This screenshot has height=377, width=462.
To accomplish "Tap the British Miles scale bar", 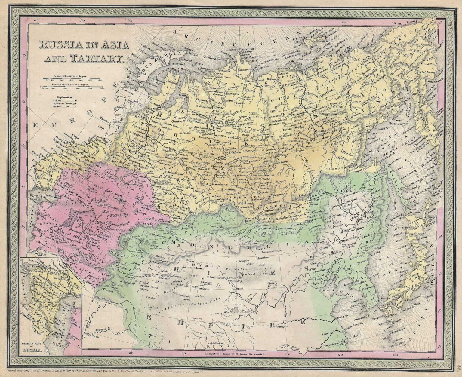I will tap(72, 79).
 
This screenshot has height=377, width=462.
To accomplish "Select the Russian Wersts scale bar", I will tap(72, 87).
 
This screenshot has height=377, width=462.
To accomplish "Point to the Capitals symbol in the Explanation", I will tap(75, 100).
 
